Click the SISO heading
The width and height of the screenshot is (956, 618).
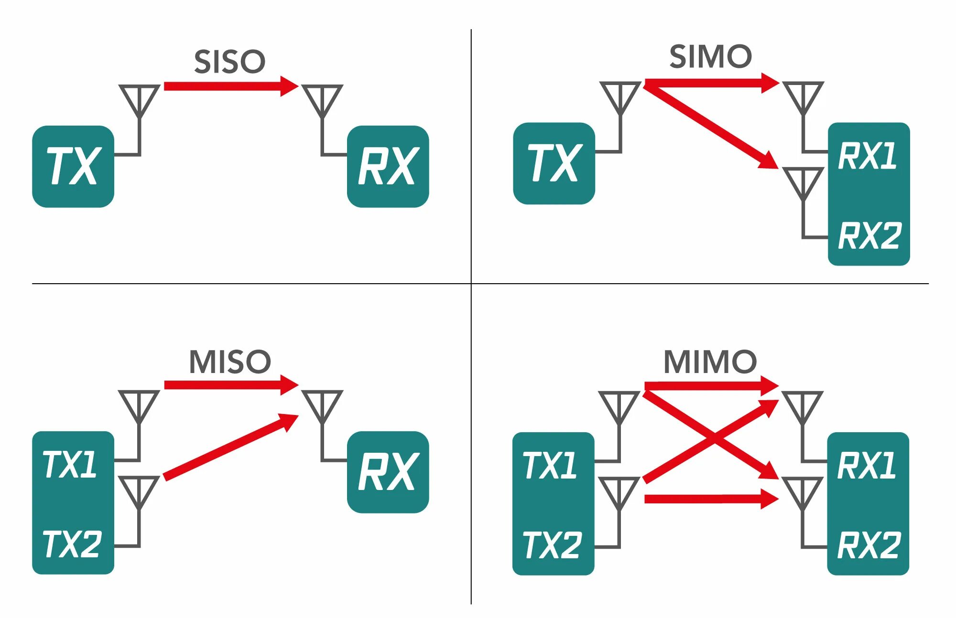click(x=229, y=62)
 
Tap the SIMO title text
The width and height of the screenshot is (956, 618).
click(x=710, y=57)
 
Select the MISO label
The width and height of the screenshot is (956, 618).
click(x=230, y=362)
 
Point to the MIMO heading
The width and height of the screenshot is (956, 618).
click(x=710, y=362)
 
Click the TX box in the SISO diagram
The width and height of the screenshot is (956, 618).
click(x=73, y=166)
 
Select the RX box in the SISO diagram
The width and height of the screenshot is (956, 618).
click(x=388, y=166)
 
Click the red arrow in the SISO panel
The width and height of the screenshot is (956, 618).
click(x=229, y=86)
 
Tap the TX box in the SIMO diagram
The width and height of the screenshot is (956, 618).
click(x=554, y=163)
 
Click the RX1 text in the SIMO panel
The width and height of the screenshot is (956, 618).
click(x=867, y=156)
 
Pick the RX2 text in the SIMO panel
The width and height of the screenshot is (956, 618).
click(x=869, y=236)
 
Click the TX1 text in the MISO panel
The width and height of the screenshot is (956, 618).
click(x=70, y=465)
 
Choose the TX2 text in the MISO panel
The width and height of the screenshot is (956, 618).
click(x=72, y=544)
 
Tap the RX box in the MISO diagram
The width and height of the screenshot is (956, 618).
click(x=388, y=472)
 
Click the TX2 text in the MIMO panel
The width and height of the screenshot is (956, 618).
click(x=552, y=545)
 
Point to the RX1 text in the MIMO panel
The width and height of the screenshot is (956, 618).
click(x=866, y=466)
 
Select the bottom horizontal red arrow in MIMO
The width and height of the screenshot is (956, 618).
click(x=710, y=499)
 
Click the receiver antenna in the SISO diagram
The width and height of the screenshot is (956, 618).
click(x=323, y=100)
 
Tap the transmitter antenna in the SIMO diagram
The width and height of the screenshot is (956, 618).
click(x=620, y=98)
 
